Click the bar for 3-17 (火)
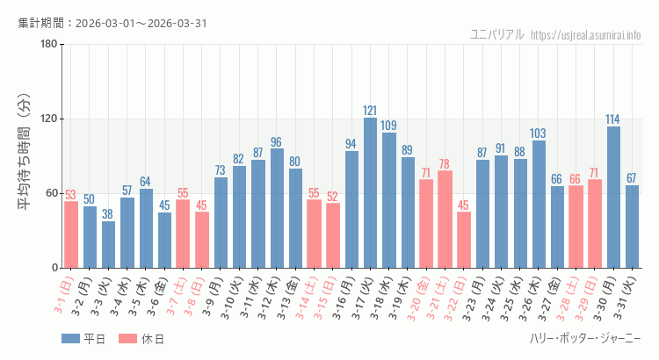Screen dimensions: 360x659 pos(370,193)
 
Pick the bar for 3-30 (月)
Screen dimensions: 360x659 pos(613,198)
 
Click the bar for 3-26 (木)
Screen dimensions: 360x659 pos(539,204)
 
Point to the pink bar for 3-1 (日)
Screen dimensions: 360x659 pos(70,235)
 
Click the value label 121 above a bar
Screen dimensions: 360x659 pos(370,111)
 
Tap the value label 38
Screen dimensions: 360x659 pos(108,213)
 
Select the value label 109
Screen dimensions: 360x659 pos(388,126)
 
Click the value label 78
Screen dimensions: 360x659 pos(445,164)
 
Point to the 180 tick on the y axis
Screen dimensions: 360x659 pos(48,45)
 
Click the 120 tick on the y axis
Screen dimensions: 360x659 pos(48,119)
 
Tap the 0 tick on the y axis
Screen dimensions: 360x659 pos(54,268)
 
